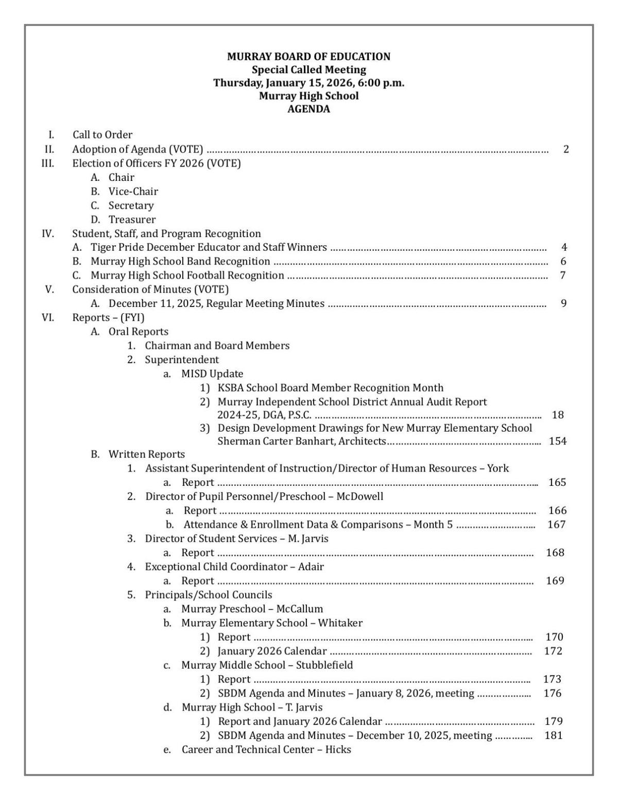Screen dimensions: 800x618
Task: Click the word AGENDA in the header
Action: [308, 109]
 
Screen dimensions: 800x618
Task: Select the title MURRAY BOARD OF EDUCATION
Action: [308, 57]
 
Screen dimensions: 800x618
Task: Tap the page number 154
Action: [558, 441]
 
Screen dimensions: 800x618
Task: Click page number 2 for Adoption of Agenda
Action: [566, 150]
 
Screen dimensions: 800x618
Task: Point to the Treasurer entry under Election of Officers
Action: [132, 219]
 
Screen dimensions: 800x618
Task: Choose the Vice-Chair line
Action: [133, 192]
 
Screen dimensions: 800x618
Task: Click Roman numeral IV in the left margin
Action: [48, 233]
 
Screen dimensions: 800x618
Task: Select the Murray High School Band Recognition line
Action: [180, 262]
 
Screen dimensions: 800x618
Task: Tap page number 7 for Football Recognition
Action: [563, 276]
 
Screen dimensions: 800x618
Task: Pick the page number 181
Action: [554, 736]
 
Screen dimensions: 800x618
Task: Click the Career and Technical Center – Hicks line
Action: [266, 750]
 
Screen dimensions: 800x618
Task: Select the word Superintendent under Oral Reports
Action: [182, 360]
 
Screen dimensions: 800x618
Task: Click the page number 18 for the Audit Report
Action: [557, 415]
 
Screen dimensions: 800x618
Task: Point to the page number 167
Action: [557, 524]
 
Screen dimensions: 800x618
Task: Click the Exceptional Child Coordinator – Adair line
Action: [234, 567]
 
